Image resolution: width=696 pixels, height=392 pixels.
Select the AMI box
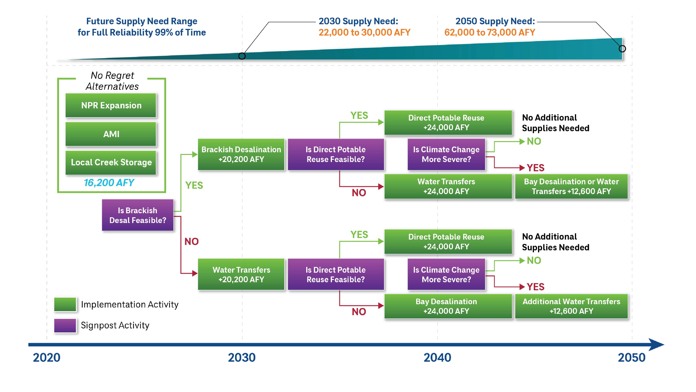point(111,134)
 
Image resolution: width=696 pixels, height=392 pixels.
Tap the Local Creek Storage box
point(111,163)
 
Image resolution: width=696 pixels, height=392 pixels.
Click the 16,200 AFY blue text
point(109,183)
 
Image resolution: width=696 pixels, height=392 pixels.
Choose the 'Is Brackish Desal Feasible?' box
point(137,215)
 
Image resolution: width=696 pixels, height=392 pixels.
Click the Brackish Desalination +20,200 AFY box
point(241,155)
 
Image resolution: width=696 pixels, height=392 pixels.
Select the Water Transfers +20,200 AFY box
point(241,274)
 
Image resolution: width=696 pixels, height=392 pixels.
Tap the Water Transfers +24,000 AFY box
point(448,186)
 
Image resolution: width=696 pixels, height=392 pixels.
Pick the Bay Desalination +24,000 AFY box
point(448,306)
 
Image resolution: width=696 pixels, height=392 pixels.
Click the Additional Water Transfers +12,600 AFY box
point(571,306)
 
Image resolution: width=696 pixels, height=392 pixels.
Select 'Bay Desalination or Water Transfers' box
point(571,186)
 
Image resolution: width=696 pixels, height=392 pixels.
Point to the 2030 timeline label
point(242,358)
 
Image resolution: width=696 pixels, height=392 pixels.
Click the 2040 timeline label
point(437,358)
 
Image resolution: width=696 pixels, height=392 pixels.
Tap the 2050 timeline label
point(632,358)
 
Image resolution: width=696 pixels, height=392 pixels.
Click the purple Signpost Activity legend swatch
point(65,325)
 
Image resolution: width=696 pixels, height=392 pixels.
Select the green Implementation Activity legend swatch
point(65,305)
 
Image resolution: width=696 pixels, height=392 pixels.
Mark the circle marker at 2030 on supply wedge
point(242,56)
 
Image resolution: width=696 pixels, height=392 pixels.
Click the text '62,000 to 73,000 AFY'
point(490,32)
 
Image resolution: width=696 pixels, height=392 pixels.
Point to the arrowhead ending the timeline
point(657,345)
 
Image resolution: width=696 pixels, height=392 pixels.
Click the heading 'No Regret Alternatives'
point(112,81)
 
